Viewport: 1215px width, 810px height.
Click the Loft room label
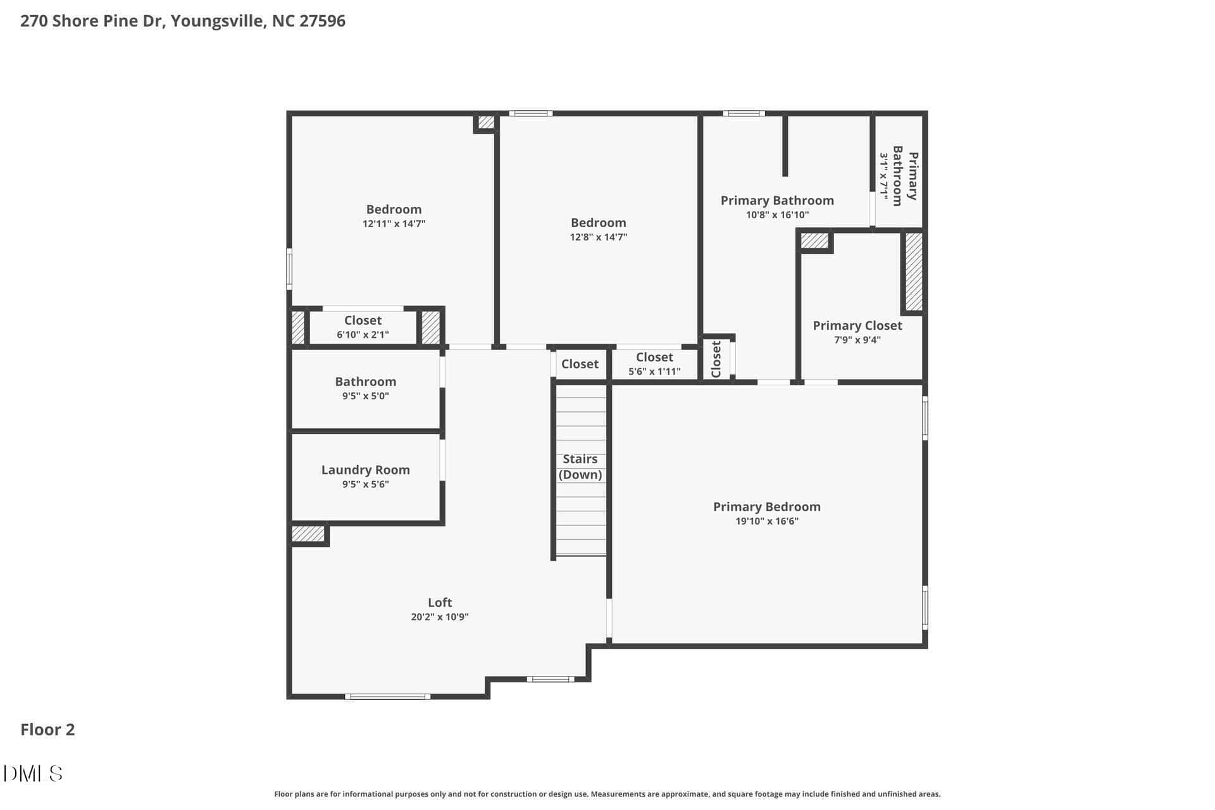[x=440, y=602]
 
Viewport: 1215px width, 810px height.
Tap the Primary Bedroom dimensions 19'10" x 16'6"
[x=767, y=521]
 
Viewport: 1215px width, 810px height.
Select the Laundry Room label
[x=365, y=470]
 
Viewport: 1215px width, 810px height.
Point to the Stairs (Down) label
[x=580, y=467]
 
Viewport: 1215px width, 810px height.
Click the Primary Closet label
[x=857, y=325]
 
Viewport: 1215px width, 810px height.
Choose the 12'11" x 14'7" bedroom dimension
[x=394, y=224]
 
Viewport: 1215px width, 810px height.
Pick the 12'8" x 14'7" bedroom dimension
[x=599, y=237]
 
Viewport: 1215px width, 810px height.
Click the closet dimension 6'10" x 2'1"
[x=363, y=335]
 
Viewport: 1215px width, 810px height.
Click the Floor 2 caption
[x=47, y=730]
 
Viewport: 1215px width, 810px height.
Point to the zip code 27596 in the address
[x=322, y=21]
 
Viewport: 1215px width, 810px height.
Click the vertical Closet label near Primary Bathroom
[x=716, y=359]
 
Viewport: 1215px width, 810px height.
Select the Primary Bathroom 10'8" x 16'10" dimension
[x=777, y=215]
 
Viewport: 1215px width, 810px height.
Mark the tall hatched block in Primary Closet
[x=914, y=272]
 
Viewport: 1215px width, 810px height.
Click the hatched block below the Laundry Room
[x=308, y=534]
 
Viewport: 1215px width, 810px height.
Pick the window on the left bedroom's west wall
[x=289, y=269]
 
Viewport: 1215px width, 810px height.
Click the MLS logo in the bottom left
[x=33, y=773]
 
